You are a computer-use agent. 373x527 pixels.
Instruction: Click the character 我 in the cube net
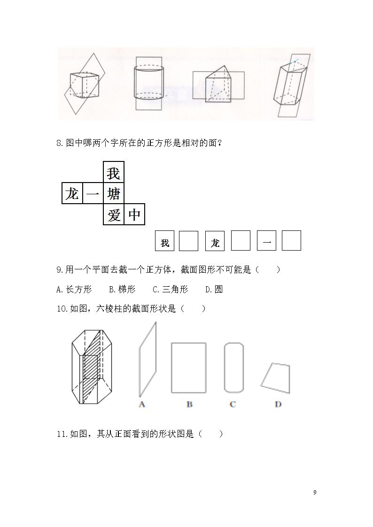[113, 174]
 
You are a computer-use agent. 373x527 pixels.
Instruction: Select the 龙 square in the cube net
[72, 193]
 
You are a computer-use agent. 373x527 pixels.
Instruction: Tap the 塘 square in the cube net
[114, 193]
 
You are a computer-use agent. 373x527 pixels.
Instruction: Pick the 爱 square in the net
[114, 214]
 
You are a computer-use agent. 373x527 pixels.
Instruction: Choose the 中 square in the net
[134, 214]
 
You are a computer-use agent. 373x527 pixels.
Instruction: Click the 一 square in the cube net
[93, 193]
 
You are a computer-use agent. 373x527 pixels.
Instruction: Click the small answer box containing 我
[164, 241]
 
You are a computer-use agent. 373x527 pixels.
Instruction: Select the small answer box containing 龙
[215, 241]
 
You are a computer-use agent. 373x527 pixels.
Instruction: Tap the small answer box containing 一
[266, 241]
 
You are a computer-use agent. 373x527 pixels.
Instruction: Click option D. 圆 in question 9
[214, 290]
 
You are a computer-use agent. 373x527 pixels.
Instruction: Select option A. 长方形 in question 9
[74, 290]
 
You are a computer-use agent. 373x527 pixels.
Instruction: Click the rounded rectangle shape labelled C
[225, 368]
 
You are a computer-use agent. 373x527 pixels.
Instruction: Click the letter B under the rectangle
[189, 405]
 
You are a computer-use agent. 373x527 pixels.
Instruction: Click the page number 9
[315, 493]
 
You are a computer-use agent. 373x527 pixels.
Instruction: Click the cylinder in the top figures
[149, 83]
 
